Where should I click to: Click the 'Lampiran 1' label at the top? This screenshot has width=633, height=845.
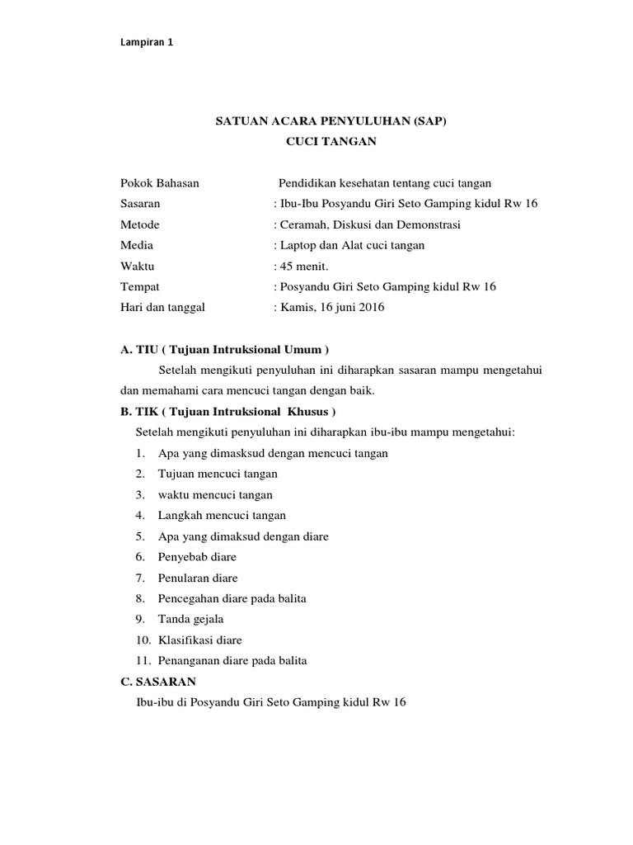click(x=147, y=43)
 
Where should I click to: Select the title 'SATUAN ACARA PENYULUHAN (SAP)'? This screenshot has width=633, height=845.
click(x=331, y=121)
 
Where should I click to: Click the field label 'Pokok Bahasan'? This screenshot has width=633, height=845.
click(x=159, y=183)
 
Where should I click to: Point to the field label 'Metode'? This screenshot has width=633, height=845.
click(x=139, y=224)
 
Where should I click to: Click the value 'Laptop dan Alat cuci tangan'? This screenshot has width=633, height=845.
click(x=354, y=245)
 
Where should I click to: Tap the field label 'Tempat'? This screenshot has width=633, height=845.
click(x=139, y=287)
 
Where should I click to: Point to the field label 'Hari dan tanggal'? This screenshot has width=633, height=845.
click(x=162, y=308)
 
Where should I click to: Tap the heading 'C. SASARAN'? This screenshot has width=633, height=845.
click(x=158, y=682)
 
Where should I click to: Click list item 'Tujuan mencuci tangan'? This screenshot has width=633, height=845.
click(x=218, y=474)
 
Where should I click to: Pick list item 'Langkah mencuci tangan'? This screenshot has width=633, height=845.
click(x=222, y=516)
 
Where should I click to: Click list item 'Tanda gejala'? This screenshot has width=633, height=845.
click(x=191, y=619)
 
